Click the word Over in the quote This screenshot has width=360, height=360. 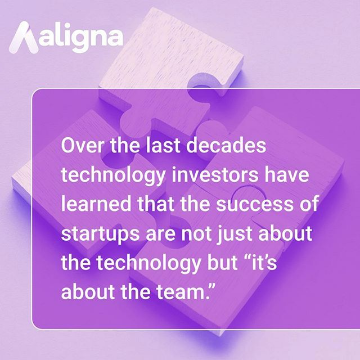tap(79, 146)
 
